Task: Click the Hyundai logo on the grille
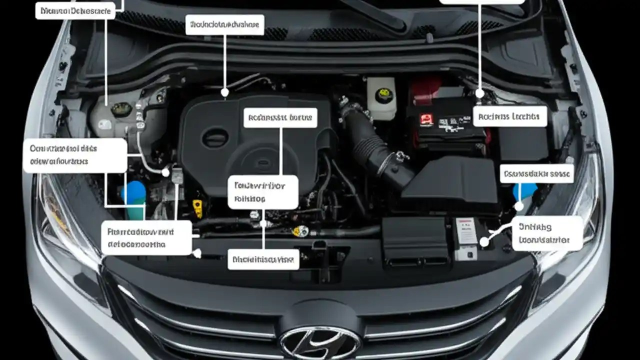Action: coord(320,342)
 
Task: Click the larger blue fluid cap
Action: coord(133,193)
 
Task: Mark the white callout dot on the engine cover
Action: coord(225,92)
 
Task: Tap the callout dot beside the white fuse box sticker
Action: coord(483,242)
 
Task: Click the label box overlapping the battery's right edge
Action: coord(509,116)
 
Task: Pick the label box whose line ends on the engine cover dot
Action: coord(225,24)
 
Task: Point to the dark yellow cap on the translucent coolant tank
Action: coord(121,109)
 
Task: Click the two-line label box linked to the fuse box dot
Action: coord(547,233)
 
